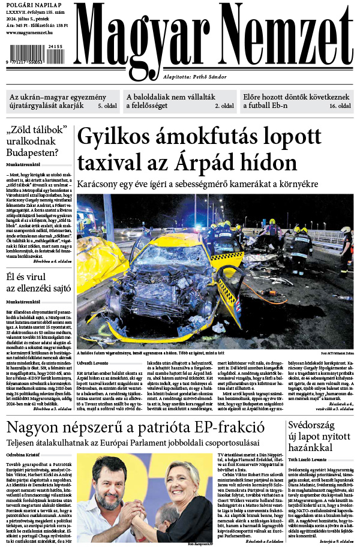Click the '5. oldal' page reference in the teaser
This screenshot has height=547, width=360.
pos(107,106)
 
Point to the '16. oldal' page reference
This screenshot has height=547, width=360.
pos(340,106)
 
